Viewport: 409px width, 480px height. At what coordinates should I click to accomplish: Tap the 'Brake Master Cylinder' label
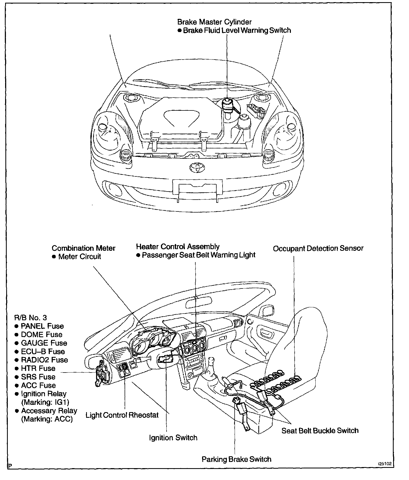214,22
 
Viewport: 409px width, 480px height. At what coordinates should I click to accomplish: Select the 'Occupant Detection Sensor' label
318,248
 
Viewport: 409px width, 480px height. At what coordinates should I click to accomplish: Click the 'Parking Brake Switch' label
236,459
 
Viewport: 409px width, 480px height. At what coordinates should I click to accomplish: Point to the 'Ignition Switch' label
173,437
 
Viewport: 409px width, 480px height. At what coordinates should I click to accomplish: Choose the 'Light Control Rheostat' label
122,415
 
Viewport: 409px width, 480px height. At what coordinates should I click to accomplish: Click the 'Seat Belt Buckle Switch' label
320,430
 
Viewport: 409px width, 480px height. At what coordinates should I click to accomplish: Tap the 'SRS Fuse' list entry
38,377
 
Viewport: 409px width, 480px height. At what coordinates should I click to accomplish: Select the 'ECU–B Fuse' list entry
43,351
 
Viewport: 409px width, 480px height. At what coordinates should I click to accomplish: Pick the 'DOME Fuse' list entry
41,334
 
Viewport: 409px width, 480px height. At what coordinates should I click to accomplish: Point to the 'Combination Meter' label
83,248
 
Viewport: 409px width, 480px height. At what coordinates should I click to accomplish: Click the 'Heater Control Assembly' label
178,246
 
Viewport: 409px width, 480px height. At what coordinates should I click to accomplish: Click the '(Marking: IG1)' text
45,402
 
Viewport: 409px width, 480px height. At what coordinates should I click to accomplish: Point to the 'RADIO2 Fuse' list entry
44,360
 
